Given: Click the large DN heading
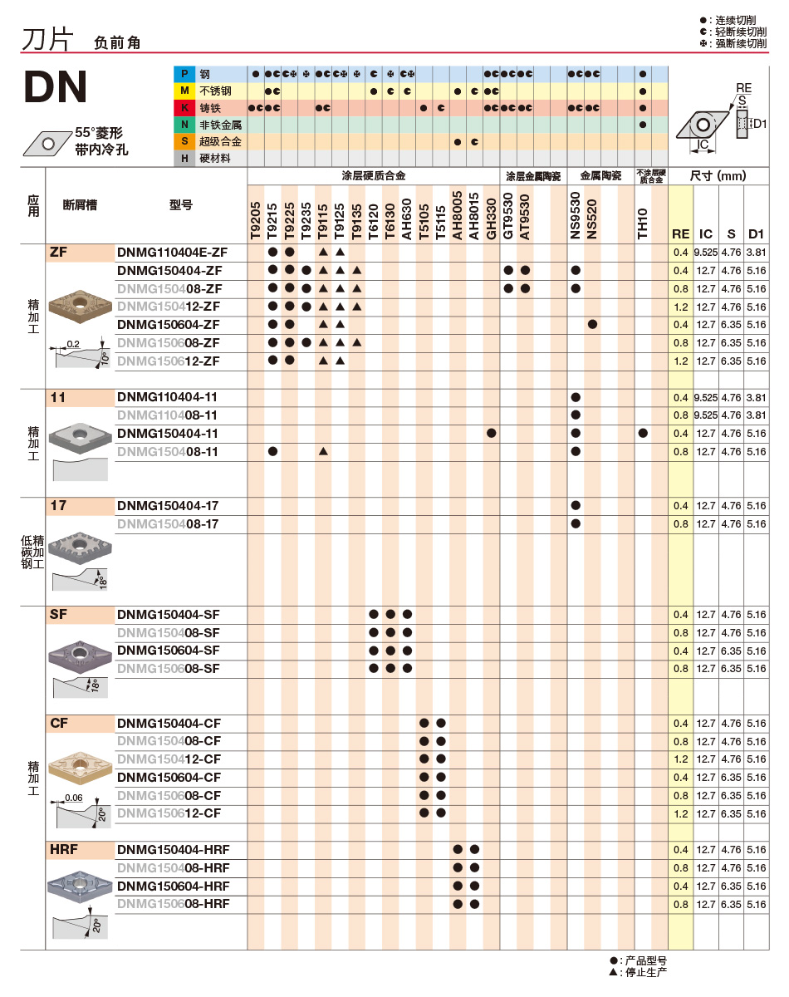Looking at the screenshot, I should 56,86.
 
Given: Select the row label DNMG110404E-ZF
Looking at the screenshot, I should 172,252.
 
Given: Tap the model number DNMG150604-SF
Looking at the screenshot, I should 169,651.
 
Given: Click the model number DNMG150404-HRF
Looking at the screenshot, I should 174,850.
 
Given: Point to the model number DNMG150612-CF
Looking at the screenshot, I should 169,813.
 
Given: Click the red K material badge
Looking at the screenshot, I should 184,108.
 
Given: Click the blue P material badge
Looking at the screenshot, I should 184,74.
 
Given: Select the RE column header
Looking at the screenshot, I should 681,234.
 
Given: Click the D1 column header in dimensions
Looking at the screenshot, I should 756,234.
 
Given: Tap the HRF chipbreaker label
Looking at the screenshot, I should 64,850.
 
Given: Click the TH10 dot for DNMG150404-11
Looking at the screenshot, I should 643,434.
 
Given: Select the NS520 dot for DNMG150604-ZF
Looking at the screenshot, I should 592,324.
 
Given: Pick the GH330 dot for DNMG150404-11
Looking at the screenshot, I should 492,434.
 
